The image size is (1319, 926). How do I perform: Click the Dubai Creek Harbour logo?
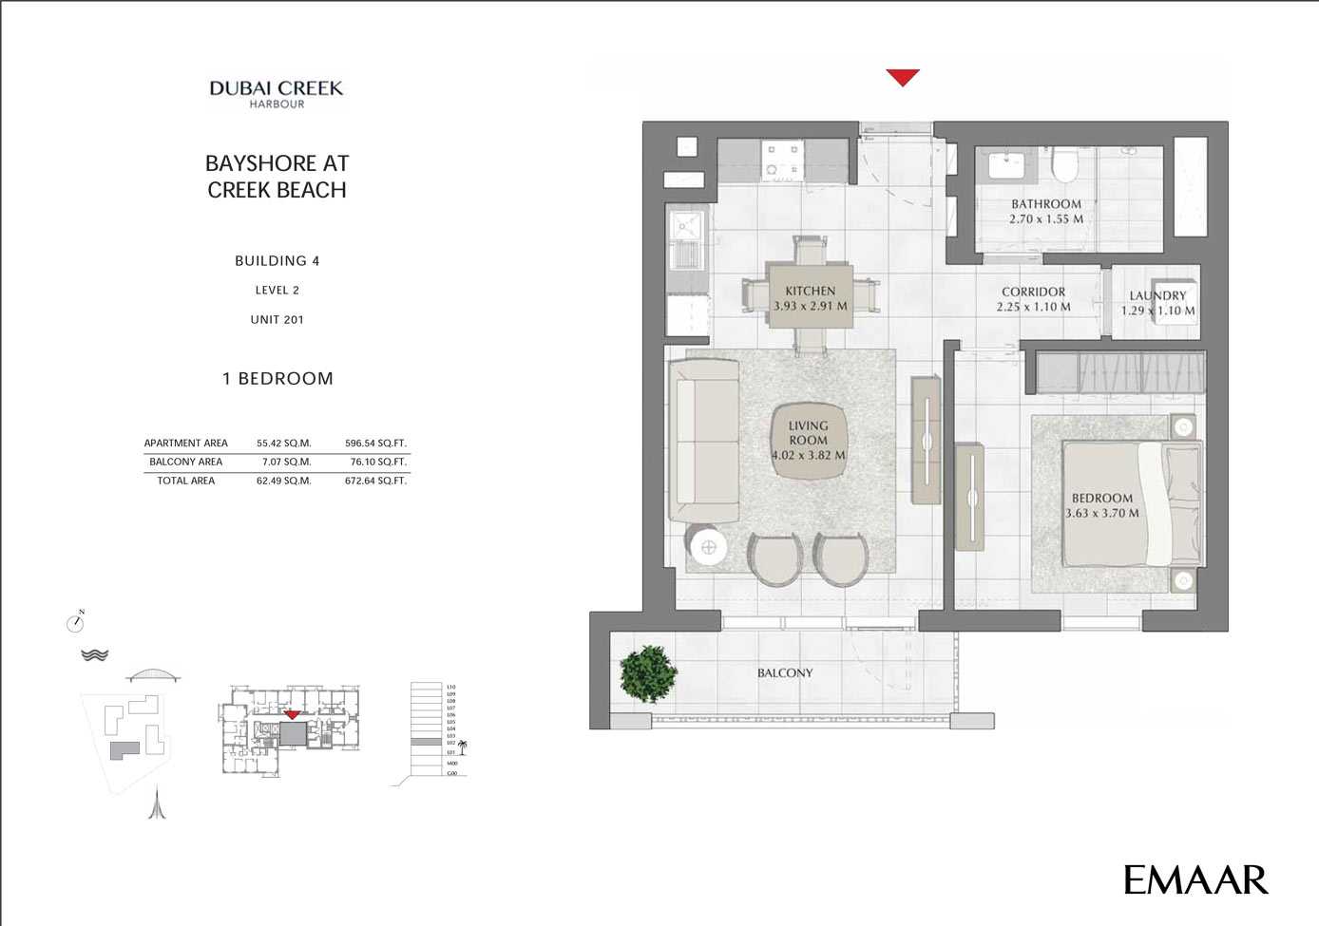click(x=276, y=93)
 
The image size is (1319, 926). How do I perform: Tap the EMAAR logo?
click(x=1195, y=879)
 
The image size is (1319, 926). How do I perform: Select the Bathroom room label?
click(x=1045, y=204)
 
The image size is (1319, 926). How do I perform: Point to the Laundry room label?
click(x=1157, y=295)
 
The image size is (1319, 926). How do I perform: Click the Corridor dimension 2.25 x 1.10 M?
click(x=1033, y=307)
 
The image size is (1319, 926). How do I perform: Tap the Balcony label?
click(x=785, y=672)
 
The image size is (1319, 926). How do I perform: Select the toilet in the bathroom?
click(x=1065, y=167)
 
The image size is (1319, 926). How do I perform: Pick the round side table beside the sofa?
click(x=708, y=546)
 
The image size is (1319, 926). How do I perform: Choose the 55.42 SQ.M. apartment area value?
click(x=283, y=443)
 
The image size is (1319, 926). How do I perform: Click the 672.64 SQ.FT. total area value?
click(x=375, y=481)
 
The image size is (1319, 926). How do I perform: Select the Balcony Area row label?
click(x=185, y=462)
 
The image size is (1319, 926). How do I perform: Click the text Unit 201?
click(x=277, y=319)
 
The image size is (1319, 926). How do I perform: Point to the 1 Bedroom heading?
click(x=277, y=378)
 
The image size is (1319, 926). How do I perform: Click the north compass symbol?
click(x=75, y=623)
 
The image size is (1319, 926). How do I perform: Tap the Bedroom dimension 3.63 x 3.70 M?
click(x=1102, y=513)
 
